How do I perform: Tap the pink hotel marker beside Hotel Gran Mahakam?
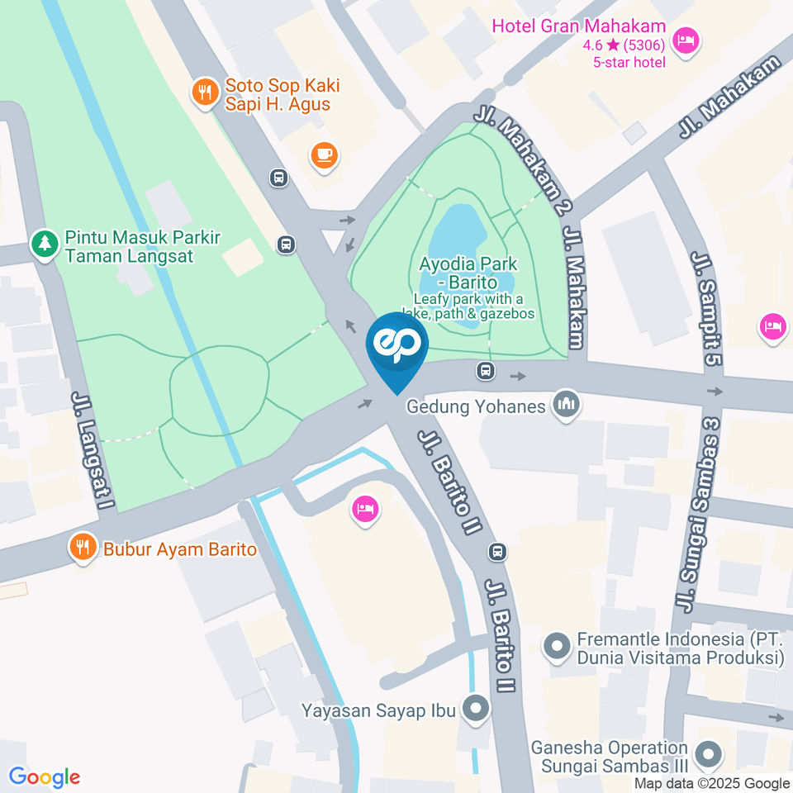685,40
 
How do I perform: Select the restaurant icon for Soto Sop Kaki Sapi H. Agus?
204,92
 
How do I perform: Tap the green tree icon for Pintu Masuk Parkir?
44,244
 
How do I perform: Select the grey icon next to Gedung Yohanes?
567,405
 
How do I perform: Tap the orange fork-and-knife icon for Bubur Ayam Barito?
82,547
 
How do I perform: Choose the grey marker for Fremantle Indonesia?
557,646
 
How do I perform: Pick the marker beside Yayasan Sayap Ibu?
475,709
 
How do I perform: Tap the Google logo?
45,776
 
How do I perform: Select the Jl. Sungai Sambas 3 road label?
699,514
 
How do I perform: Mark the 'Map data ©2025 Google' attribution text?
712,784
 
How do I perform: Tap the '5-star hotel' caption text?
629,62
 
